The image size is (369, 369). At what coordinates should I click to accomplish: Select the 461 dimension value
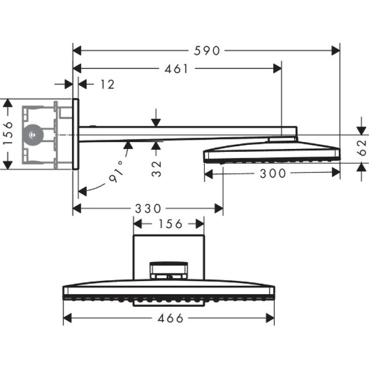pyautogui.click(x=176, y=69)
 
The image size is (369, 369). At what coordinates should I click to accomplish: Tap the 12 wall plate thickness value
pyautogui.click(x=107, y=84)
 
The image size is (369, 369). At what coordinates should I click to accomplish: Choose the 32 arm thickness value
pyautogui.click(x=157, y=168)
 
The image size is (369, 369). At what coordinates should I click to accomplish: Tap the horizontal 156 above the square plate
pyautogui.click(x=169, y=224)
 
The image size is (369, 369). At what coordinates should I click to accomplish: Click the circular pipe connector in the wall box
pyautogui.click(x=32, y=135)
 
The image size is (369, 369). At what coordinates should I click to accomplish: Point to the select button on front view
pyautogui.click(x=169, y=270)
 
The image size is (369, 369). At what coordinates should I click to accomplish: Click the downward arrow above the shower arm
pyautogui.click(x=156, y=121)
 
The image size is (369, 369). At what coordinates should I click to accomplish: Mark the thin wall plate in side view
pyautogui.click(x=76, y=134)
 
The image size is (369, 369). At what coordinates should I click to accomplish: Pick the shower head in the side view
pyautogui.click(x=272, y=152)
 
